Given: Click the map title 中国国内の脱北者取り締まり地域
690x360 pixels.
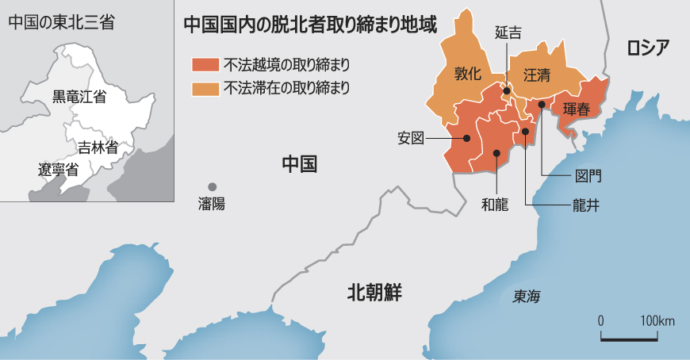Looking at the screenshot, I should coord(310,25).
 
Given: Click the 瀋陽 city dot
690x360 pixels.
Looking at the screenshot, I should coord(212,186).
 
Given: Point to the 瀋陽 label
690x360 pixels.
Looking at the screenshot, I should coord(212,204).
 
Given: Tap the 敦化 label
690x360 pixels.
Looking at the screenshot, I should coord(467,75).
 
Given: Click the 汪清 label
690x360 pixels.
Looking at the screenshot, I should coord(537,75).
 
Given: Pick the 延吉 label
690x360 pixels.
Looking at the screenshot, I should coord(508,33).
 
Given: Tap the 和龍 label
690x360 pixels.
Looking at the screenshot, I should coord(494,204).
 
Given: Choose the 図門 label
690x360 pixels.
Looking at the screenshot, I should coord(588,175).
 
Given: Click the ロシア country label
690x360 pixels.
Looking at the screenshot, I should coord(648,47).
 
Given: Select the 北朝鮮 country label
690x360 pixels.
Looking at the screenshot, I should coord(375,293).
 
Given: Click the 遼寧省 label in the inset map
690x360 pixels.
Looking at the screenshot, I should coord(58,169).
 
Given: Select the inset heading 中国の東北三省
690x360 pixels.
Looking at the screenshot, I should coord(61,22).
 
